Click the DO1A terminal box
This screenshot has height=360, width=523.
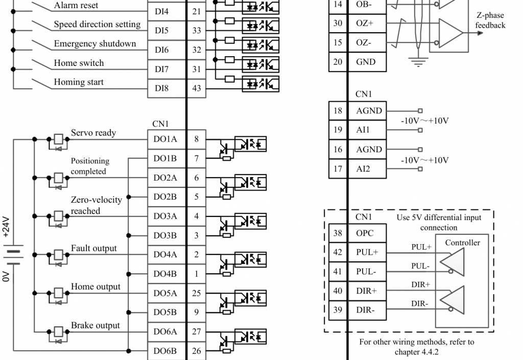click(x=165, y=139)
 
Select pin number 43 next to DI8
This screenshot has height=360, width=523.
click(x=197, y=88)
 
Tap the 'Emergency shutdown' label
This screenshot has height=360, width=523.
click(x=95, y=44)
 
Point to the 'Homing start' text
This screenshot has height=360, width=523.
click(x=79, y=82)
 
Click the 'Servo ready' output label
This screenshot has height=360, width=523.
click(x=93, y=133)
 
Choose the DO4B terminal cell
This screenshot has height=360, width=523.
click(x=165, y=274)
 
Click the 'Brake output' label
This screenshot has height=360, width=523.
click(x=96, y=325)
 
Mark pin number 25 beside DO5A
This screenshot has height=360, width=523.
click(x=197, y=293)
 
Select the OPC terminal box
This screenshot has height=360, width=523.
click(x=365, y=233)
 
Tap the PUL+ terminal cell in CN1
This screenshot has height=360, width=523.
click(x=367, y=252)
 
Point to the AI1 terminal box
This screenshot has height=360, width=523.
click(x=363, y=130)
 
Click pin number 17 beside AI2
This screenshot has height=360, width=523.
click(x=338, y=169)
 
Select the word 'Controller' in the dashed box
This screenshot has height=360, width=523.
click(x=463, y=243)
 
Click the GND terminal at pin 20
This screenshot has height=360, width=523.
click(x=366, y=62)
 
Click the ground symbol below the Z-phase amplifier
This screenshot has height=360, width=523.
click(x=419, y=62)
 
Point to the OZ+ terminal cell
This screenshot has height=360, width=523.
click(x=365, y=23)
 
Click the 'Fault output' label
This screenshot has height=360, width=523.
click(x=94, y=248)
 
